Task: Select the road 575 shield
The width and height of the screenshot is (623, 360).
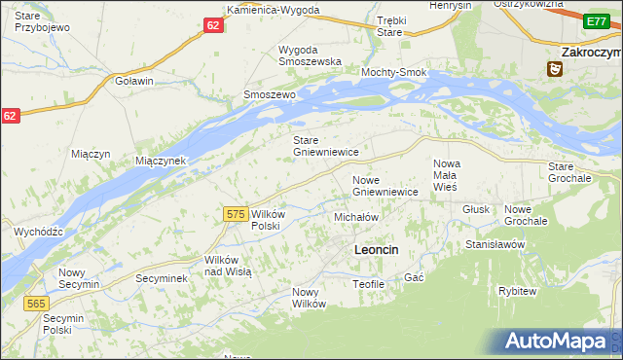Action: coord(235,214)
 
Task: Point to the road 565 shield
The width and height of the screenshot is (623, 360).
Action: coord(36,304)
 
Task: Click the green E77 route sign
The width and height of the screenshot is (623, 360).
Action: coord(597,20)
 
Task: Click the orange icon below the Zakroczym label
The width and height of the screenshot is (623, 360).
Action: coord(555,69)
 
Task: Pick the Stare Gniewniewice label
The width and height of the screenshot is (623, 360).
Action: coord(327,146)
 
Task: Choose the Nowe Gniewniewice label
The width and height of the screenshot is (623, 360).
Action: coord(385,186)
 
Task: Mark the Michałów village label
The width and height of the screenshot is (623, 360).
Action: coord(355,217)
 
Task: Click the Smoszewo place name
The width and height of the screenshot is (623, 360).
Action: coord(269,94)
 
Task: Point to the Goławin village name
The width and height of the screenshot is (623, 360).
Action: coord(134,81)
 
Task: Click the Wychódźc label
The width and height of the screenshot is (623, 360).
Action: coord(39,232)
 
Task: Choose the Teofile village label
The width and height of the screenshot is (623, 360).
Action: coord(370,283)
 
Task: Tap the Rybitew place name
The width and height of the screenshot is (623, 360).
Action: coord(517,291)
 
